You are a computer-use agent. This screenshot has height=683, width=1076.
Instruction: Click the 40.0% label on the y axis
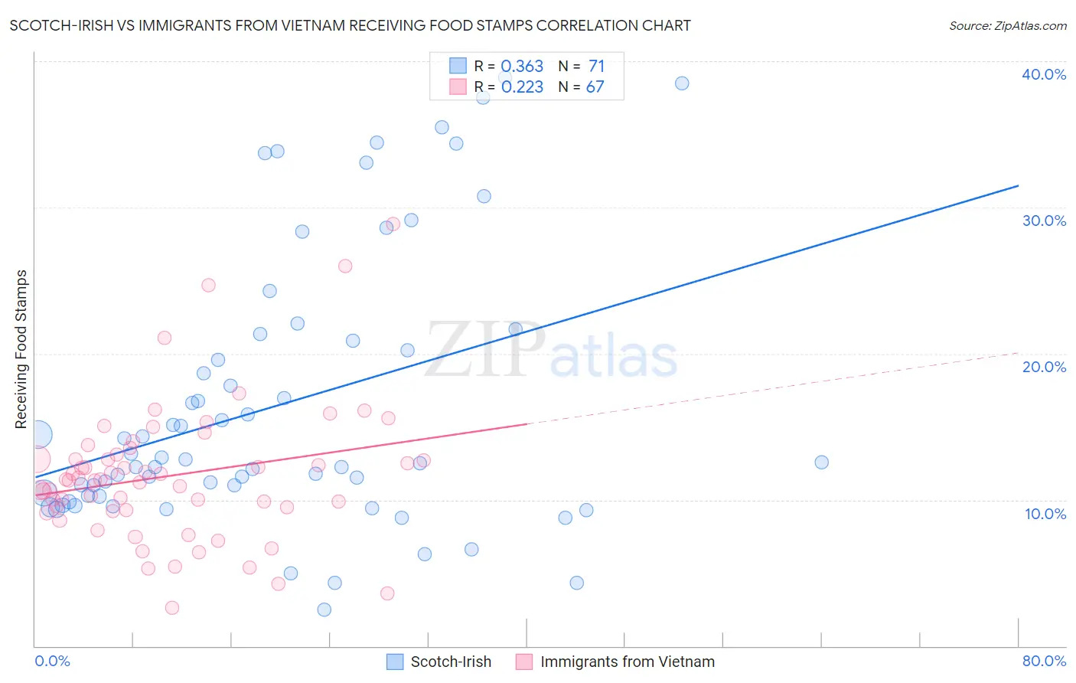pyautogui.click(x=1044, y=74)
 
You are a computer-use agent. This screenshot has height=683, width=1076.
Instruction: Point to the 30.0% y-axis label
pyautogui.click(x=1044, y=221)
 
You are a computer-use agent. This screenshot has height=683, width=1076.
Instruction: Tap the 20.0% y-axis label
pyautogui.click(x=1044, y=367)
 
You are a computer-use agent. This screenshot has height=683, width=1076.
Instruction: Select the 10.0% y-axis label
pyautogui.click(x=1044, y=514)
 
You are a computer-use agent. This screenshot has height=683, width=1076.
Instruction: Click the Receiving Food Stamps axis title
pyautogui.click(x=21, y=348)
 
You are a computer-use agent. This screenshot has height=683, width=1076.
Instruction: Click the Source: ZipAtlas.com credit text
pyautogui.click(x=1007, y=26)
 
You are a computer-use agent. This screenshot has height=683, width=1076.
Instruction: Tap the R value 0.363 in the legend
pyautogui.click(x=522, y=67)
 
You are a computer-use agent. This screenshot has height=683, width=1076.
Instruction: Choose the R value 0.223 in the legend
pyautogui.click(x=522, y=87)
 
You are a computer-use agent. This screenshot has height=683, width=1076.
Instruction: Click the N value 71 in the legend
pyautogui.click(x=596, y=67)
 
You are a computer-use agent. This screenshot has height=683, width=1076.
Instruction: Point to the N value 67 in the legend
pyautogui.click(x=595, y=87)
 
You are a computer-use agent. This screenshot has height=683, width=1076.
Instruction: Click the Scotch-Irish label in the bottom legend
pyautogui.click(x=451, y=662)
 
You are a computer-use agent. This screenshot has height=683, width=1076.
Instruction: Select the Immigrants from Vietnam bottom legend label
pyautogui.click(x=627, y=662)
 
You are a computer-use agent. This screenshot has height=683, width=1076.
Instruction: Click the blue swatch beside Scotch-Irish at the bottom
pyautogui.click(x=395, y=662)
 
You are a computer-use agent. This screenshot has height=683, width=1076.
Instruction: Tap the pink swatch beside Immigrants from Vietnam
pyautogui.click(x=524, y=662)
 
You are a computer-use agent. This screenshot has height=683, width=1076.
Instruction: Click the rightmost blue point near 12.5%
pyautogui.click(x=821, y=462)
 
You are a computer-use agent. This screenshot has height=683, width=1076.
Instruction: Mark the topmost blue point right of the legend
pyautogui.click(x=682, y=83)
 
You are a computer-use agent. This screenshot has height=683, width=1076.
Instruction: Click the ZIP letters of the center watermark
pyautogui.click(x=485, y=351)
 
